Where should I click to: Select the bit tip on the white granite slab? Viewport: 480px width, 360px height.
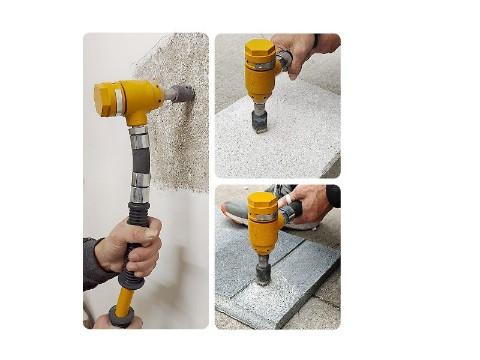pos(260,122)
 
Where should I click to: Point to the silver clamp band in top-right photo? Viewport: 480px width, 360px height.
pos(264,65)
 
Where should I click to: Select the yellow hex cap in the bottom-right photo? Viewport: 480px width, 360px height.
pos(262,201)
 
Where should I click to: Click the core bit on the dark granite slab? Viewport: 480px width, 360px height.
pos(263,274)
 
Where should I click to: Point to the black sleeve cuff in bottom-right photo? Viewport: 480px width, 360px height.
pos(333,196)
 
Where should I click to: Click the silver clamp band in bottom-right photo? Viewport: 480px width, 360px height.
pos(265,217)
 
